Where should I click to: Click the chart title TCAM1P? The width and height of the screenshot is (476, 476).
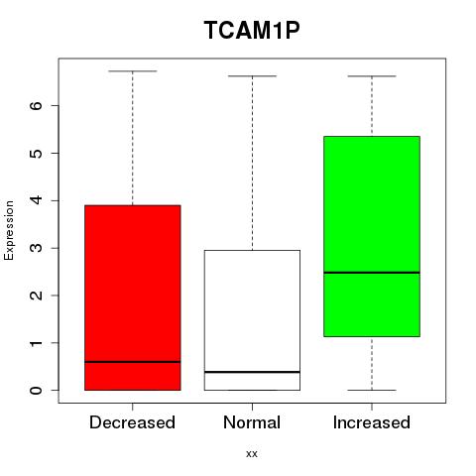point(252,30)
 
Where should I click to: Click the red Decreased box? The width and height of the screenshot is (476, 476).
point(133,297)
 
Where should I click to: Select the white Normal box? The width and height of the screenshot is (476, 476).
point(252,320)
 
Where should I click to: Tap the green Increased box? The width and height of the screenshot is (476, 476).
point(372,236)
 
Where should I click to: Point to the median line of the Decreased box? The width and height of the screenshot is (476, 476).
point(133,362)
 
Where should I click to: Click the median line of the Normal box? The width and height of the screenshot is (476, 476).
point(252,372)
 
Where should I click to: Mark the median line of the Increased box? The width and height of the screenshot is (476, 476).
point(372,273)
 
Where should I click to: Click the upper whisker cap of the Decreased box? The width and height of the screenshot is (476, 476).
point(133,70)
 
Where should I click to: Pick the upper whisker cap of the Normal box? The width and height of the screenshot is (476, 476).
point(252,76)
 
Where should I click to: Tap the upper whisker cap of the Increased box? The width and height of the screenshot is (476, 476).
point(372,76)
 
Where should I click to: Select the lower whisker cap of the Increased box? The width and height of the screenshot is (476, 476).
point(372,390)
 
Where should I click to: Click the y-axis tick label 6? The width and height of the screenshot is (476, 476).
point(37,105)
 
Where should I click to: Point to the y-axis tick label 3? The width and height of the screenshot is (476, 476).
point(37,248)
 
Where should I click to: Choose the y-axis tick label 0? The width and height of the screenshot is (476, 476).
point(37,391)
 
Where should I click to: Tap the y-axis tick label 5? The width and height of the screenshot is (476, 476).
point(37,153)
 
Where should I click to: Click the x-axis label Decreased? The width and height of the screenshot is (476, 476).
point(132,422)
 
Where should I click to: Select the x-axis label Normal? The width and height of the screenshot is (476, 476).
point(252,422)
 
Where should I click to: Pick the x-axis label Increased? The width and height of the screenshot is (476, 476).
point(372,422)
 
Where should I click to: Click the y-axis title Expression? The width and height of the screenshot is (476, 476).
point(9,231)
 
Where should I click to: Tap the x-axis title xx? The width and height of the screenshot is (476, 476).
point(252,454)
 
